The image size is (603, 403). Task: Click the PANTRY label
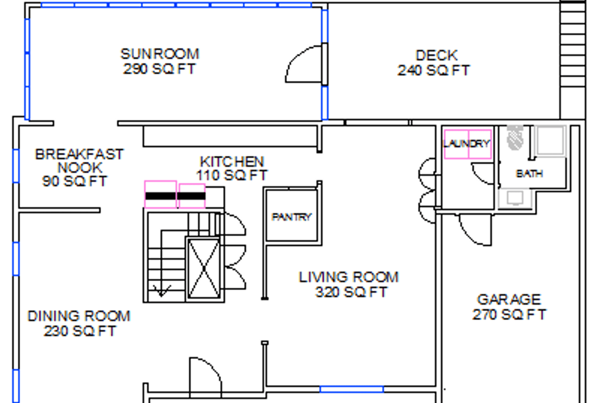click(x=291, y=217)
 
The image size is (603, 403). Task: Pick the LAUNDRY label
click(x=467, y=144)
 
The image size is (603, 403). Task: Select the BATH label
click(x=530, y=174)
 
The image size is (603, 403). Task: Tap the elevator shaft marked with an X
click(x=204, y=269)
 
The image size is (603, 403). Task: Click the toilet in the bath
click(x=515, y=138)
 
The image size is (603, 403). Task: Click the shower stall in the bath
click(x=550, y=141)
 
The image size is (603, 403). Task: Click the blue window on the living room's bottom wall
click(x=352, y=389)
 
